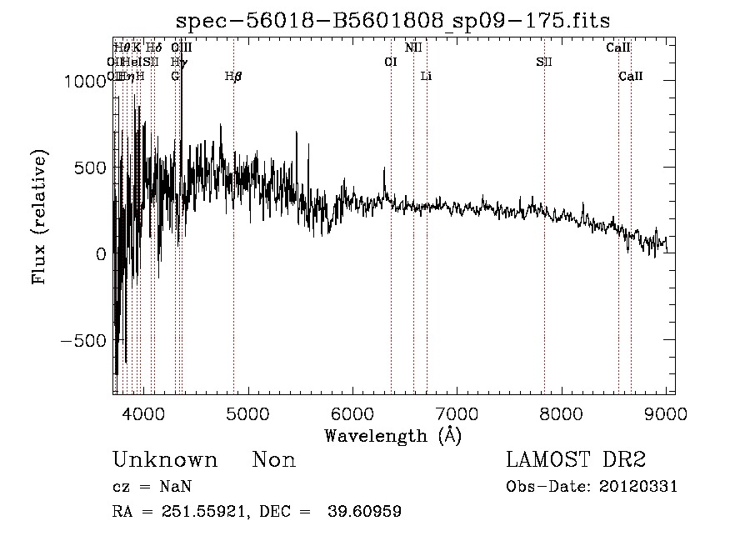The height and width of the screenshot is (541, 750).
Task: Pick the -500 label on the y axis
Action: pos(86,340)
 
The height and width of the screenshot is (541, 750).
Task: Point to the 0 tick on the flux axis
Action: pos(101,253)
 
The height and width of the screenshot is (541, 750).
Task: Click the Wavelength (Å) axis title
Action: pos(393,435)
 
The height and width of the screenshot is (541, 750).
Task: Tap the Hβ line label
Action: pos(233,77)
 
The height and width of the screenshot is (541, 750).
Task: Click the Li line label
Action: pos(426,77)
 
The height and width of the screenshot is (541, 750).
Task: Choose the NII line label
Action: pos(413,48)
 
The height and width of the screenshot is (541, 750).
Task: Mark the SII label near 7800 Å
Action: pos(544,62)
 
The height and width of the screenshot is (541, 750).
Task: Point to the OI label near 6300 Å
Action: pos(390,62)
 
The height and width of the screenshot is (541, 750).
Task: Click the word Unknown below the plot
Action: pos(165,460)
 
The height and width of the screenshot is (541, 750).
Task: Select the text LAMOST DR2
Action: pos(576,460)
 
